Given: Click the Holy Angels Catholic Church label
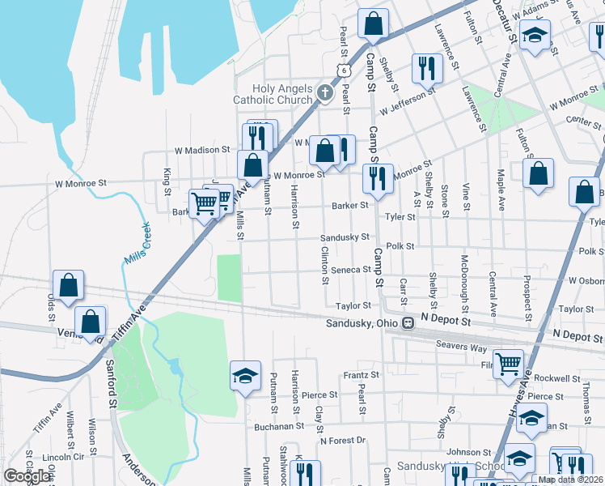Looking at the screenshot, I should [x=273, y=94].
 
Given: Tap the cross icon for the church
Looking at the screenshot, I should [x=324, y=92].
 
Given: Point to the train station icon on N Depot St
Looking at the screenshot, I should [x=408, y=323].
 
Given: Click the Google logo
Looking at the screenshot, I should [x=26, y=475].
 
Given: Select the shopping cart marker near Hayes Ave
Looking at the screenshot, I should [x=507, y=364].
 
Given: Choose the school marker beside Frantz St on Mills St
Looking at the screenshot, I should [x=245, y=376].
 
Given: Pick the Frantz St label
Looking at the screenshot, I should [x=361, y=375].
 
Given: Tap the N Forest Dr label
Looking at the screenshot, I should [x=343, y=441].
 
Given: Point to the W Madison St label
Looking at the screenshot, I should [x=203, y=150].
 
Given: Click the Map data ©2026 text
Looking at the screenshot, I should [x=571, y=480].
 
